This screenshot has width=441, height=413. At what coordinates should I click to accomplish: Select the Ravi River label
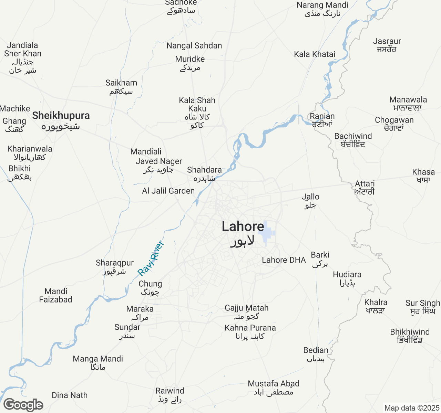pos(151,258)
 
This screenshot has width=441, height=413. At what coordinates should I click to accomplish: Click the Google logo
pos(23,405)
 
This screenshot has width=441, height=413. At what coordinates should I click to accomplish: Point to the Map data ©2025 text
pos(412,408)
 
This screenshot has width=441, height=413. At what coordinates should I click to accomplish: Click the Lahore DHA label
pos(284,260)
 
